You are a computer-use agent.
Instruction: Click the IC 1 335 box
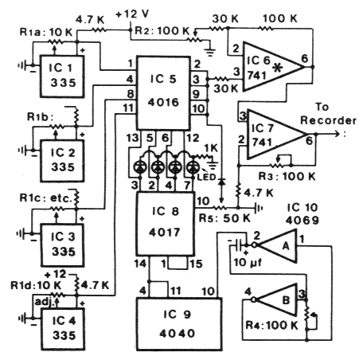(x=62, y=76)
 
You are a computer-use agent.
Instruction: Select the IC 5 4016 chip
(x=163, y=92)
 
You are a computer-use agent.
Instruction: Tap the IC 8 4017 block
(x=165, y=224)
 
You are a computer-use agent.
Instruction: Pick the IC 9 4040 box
(x=179, y=324)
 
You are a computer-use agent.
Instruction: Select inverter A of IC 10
(x=276, y=246)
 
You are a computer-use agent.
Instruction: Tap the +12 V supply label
(x=132, y=14)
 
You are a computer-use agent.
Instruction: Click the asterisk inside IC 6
(x=278, y=68)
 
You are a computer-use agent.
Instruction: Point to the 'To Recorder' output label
(x=328, y=114)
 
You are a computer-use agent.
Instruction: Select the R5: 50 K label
(x=224, y=218)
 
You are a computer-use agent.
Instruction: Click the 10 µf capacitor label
(x=248, y=263)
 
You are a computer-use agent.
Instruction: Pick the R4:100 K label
(x=271, y=325)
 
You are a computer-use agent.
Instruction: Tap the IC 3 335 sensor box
(x=62, y=245)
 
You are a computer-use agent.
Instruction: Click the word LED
(x=207, y=177)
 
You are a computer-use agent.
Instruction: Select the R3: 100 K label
(x=287, y=176)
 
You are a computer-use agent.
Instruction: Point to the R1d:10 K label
(x=36, y=285)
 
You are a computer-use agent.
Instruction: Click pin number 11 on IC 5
(x=128, y=108)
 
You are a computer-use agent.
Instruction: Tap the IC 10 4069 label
(x=302, y=214)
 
